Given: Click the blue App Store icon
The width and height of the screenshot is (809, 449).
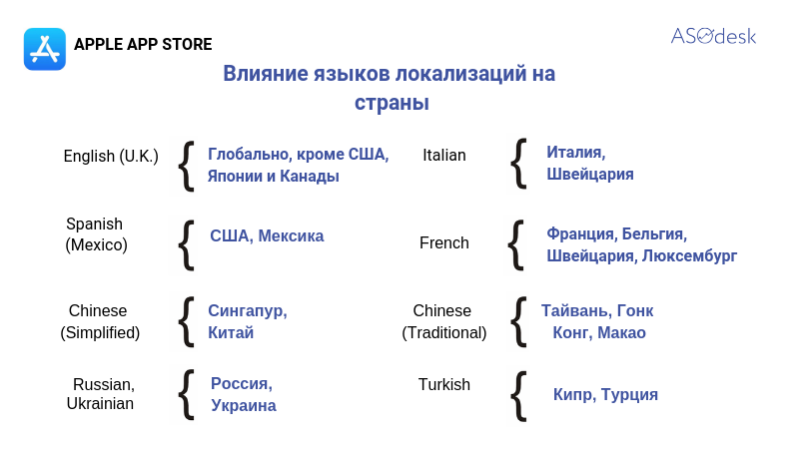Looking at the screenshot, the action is [45, 49].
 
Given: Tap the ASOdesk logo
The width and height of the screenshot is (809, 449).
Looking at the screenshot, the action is [713, 36].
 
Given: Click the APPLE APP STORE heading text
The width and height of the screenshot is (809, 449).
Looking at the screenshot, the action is [143, 44].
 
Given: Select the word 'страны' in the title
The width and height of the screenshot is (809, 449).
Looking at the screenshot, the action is [392, 103].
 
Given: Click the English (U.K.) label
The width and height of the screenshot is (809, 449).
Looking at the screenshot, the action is [111, 156].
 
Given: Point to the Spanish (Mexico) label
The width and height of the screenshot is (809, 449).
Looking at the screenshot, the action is [96, 234].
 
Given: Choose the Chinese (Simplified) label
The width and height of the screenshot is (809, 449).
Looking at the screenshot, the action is [100, 321].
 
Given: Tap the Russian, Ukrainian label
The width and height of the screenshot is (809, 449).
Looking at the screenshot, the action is [101, 394].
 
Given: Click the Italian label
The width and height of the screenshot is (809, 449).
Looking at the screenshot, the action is [444, 155].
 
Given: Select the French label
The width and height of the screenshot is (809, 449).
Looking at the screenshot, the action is [444, 242].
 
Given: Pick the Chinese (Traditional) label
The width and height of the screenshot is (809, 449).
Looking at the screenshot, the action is [444, 321].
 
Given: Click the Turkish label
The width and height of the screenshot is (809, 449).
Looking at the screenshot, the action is [444, 384].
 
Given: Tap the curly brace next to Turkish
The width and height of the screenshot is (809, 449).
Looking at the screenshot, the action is [518, 396].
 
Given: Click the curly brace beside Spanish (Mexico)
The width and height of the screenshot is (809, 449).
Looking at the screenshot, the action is [186, 244].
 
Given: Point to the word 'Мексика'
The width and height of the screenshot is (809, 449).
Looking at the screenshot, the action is [291, 235].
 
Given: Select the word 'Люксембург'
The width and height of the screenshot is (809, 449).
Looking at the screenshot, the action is [689, 255].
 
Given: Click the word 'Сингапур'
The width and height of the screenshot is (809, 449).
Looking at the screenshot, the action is [248, 311].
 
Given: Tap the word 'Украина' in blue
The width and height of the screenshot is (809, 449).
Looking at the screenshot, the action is [244, 405].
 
